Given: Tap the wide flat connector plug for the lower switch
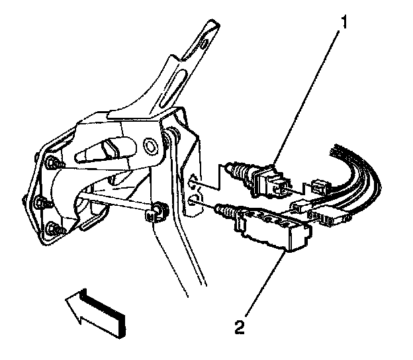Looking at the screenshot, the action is pyautogui.click(x=331, y=215).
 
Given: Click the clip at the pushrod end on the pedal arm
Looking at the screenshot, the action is pyautogui.click(x=158, y=212).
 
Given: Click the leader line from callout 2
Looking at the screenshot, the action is pyautogui.click(x=261, y=285).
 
